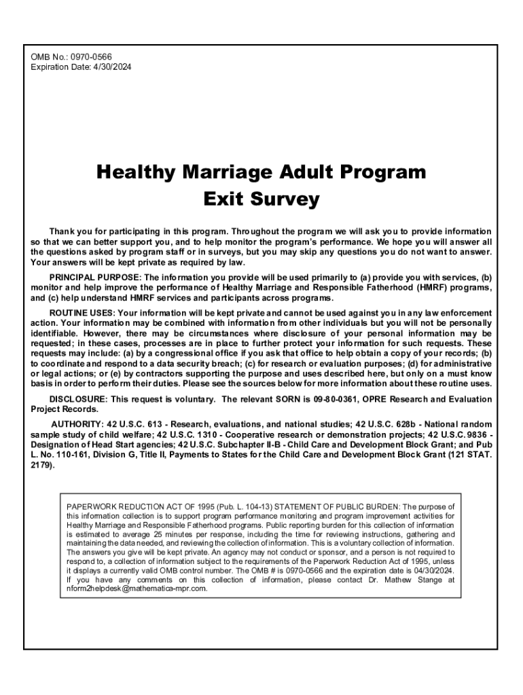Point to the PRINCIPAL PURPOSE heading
pyautogui.click(x=94, y=278)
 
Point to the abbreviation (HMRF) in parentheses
pyautogui.click(x=404, y=288)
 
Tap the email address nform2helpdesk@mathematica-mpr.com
pyautogui.click(x=137, y=589)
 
